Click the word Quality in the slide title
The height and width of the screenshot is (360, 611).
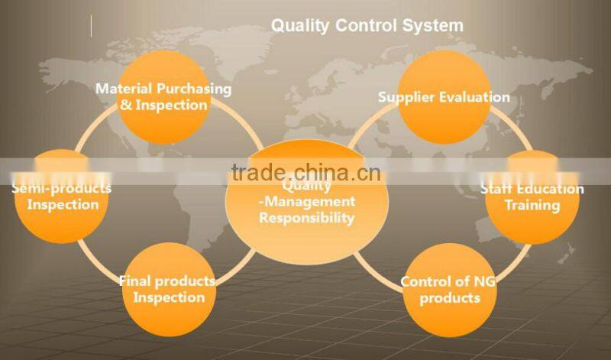click(299, 25)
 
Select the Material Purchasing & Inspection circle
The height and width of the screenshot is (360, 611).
click(163, 96)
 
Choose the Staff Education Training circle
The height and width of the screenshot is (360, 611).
click(532, 197)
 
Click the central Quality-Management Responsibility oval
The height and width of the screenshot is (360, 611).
click(306, 203)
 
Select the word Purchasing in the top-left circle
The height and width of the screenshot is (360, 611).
click(194, 89)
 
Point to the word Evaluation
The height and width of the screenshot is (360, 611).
click(474, 97)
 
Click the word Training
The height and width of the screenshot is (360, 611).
click(532, 206)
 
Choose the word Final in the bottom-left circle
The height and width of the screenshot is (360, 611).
click(133, 281)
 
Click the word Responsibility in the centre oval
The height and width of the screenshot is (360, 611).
click(306, 218)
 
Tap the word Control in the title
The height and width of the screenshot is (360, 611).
click(367, 25)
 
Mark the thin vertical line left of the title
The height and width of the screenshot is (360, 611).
click(91, 25)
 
